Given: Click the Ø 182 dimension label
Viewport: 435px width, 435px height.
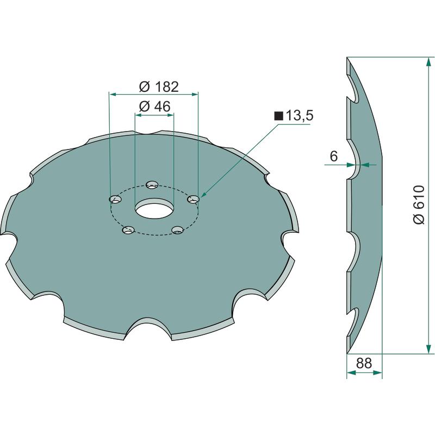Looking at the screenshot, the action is pyautogui.click(x=159, y=87).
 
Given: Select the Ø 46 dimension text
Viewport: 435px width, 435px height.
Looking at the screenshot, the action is pyautogui.click(x=154, y=106).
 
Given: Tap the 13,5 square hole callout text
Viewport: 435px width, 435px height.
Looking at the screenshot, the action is pyautogui.click(x=300, y=115).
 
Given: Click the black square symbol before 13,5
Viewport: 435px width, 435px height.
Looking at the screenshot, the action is pyautogui.click(x=278, y=116).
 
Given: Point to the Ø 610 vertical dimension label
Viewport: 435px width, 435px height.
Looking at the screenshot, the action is pyautogui.click(x=419, y=205).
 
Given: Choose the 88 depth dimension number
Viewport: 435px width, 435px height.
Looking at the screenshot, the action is pyautogui.click(x=364, y=363).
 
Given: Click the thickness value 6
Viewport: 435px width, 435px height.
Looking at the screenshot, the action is pyautogui.click(x=334, y=156).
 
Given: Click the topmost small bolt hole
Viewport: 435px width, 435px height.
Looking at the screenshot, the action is pyautogui.click(x=152, y=184).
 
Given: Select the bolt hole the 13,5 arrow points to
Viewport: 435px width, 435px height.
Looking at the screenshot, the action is pyautogui.click(x=194, y=199).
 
